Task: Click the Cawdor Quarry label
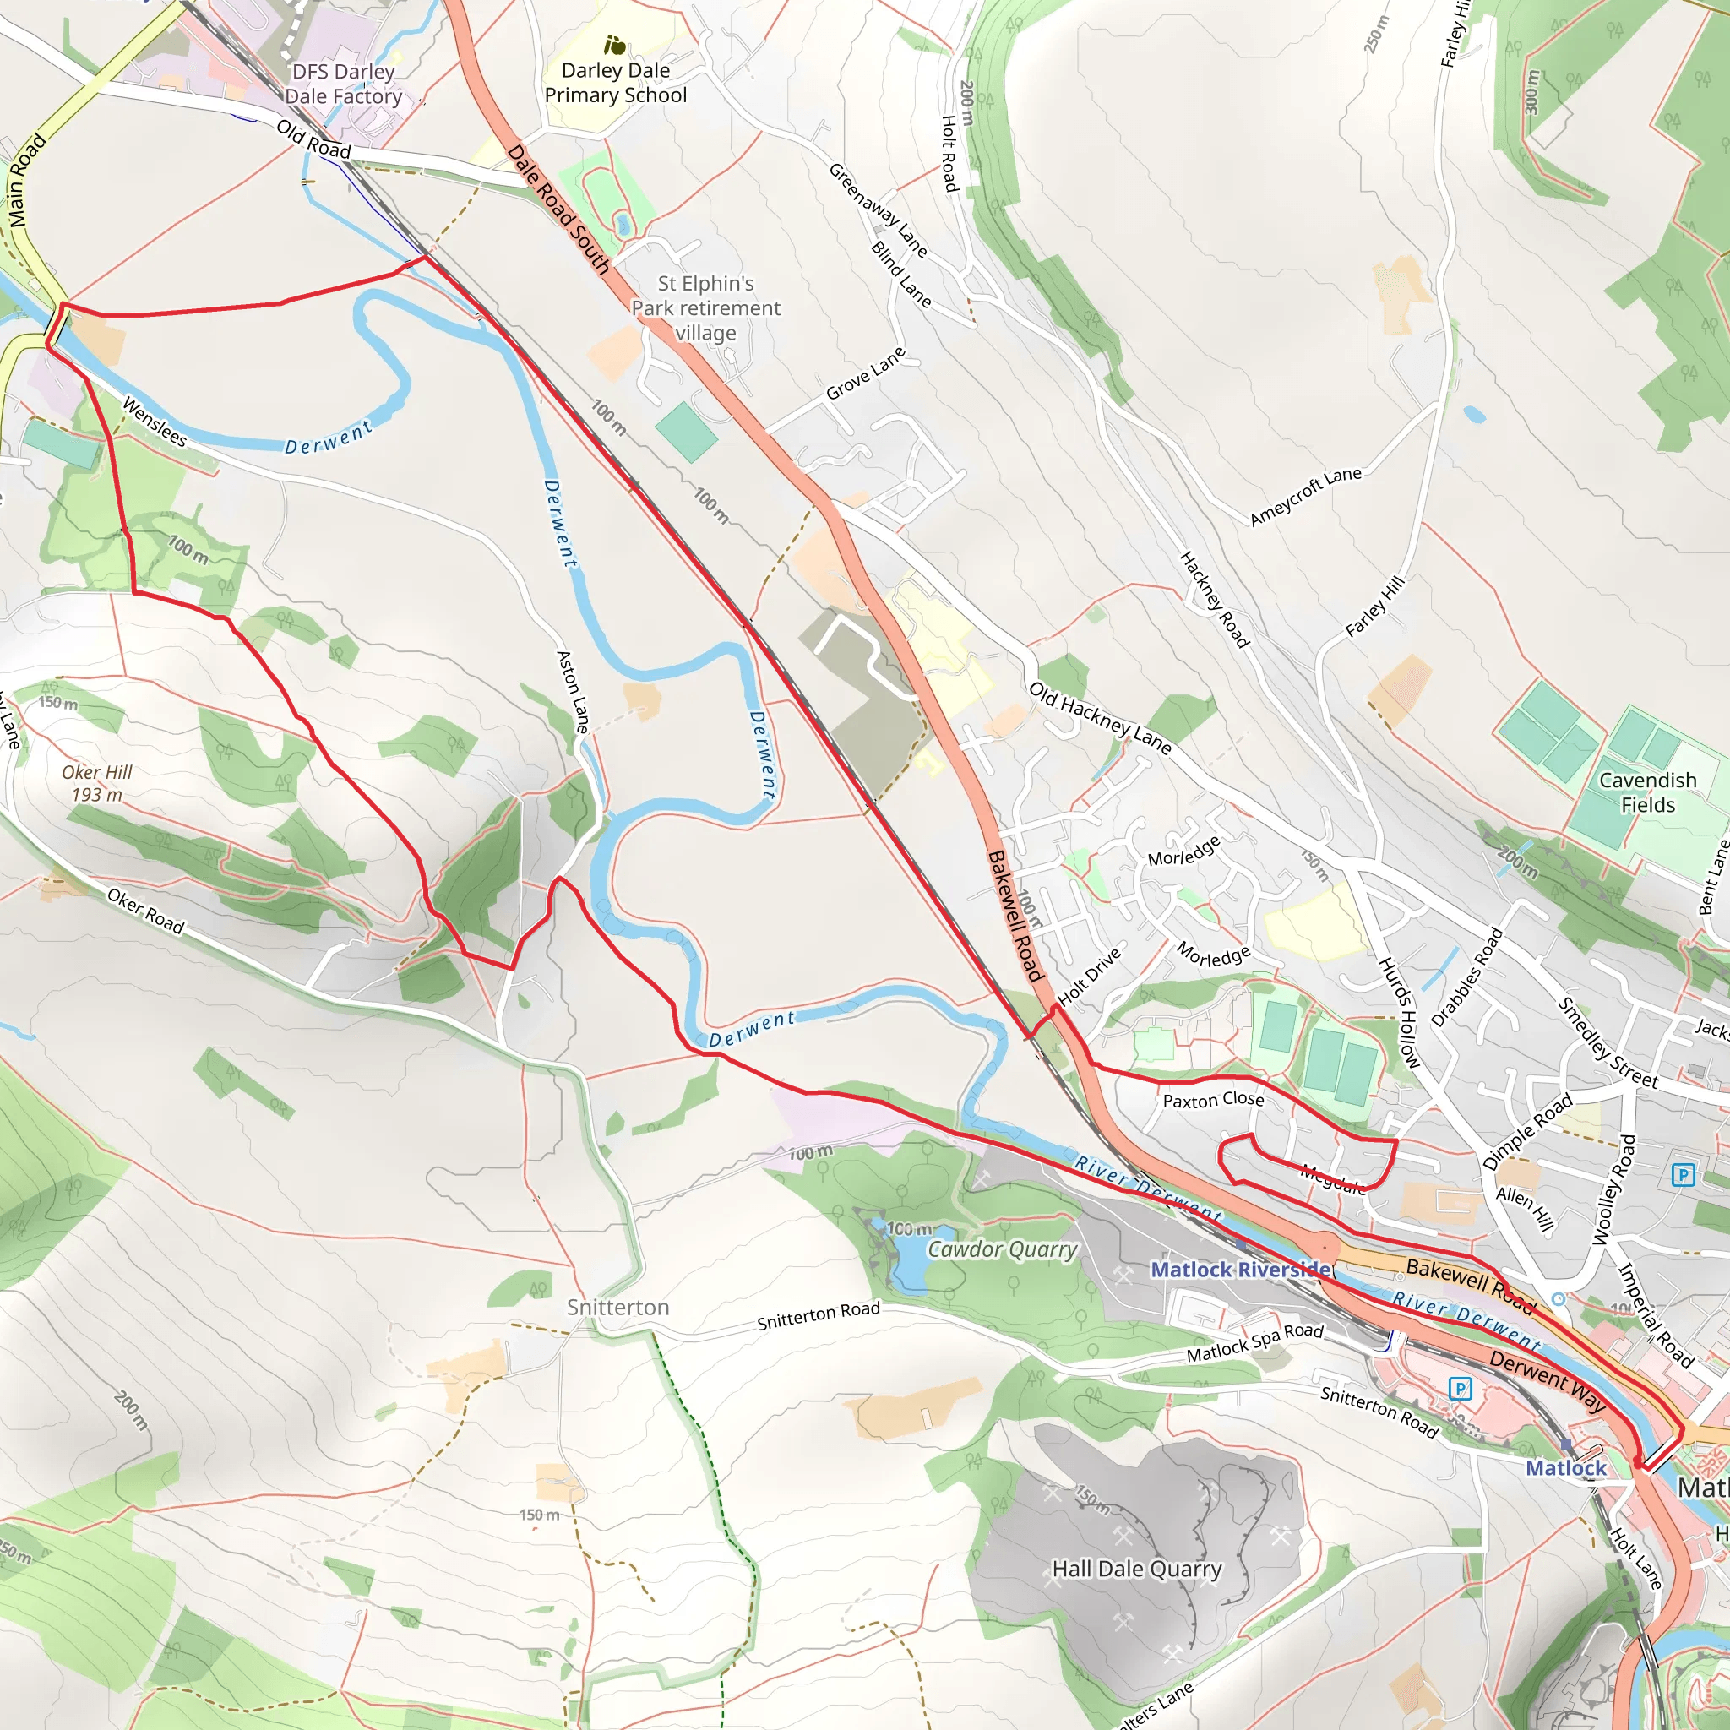coord(1002,1249)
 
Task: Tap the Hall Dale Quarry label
coord(1136,1569)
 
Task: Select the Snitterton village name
coord(617,1308)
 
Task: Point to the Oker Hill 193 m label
coord(96,782)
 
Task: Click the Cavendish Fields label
coord(1647,792)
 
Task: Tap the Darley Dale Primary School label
coord(615,83)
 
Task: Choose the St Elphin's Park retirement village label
coord(705,308)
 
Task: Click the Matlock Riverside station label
coord(1240,1270)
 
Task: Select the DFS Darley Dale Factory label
coord(343,84)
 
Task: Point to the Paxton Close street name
coord(1213,1100)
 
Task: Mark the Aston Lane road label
coord(573,691)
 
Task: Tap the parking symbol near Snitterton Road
coord(1460,1389)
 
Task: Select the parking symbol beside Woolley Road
coord(1684,1174)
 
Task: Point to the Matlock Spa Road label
coord(1254,1342)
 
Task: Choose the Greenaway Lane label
coord(878,209)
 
